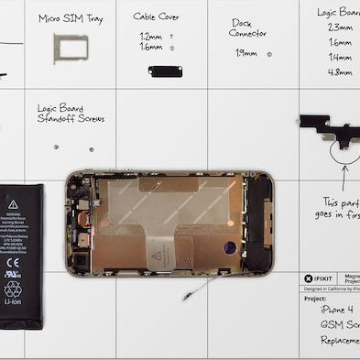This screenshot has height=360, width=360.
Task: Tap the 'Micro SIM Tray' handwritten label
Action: point(69,17)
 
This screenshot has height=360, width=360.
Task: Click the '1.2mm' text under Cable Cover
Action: point(150,36)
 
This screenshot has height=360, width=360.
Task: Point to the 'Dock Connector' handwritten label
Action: point(247,27)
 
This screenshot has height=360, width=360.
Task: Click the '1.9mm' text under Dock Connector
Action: point(245,53)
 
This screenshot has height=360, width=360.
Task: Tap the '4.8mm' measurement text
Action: point(339,71)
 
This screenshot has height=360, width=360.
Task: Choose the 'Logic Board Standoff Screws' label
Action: point(71,113)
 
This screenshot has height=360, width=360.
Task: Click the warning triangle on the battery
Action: point(13,204)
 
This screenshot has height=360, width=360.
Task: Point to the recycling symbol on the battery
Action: point(13,289)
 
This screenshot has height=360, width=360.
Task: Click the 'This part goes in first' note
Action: point(340,207)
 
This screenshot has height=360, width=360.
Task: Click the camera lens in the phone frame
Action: point(229,247)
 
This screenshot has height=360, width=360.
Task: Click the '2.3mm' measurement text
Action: point(339,27)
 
